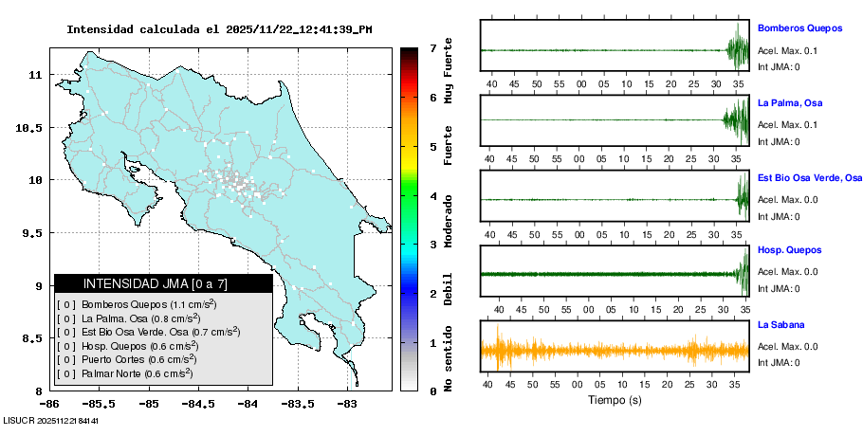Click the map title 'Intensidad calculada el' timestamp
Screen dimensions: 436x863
click(219, 29)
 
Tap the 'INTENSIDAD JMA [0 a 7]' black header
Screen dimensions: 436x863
click(163, 283)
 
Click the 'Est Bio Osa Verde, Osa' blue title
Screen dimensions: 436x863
click(810, 177)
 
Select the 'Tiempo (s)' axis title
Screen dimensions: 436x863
click(615, 400)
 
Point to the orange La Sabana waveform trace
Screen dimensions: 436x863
click(615, 350)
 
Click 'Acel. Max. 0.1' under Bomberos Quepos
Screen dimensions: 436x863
click(787, 50)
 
